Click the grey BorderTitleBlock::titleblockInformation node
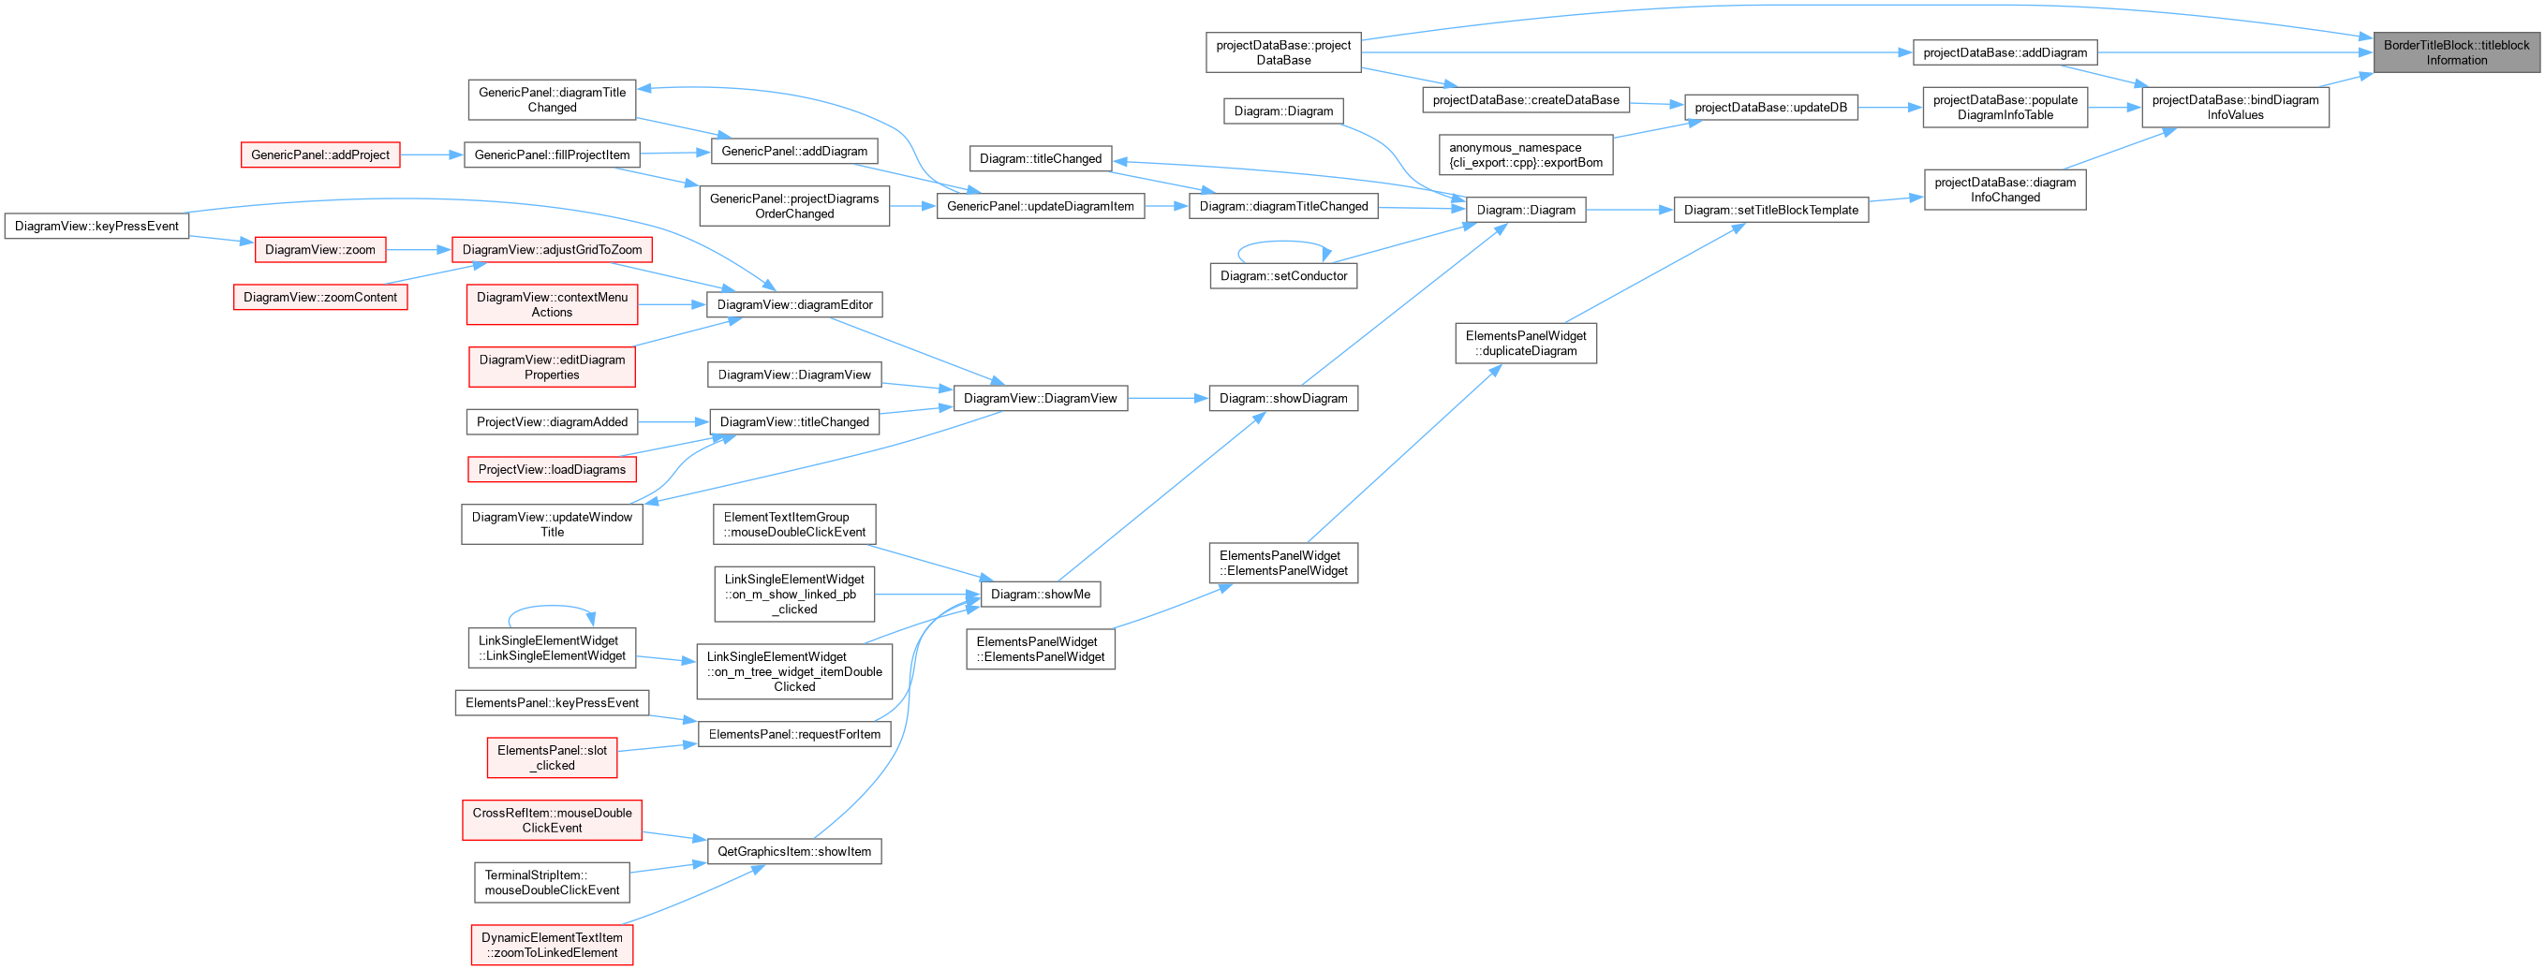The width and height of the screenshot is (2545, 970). point(2456,52)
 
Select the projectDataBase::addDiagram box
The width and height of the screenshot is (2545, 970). point(2005,52)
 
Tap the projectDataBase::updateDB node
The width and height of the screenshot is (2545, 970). point(1770,108)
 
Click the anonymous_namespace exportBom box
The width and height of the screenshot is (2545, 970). point(1526,155)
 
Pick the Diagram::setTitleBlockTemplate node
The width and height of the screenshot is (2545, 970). point(1770,210)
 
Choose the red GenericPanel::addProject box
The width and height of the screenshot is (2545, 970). point(320,155)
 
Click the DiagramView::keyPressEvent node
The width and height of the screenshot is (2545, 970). point(96,227)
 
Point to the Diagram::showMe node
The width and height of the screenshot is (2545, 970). point(1041,595)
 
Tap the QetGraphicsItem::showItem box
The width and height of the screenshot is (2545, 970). point(794,851)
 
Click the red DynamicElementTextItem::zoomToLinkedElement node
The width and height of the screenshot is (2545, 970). point(553,946)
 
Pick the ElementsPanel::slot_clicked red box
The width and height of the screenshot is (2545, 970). point(553,757)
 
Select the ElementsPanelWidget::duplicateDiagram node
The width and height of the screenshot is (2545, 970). point(1526,343)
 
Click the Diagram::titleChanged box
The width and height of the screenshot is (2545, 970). point(1041,158)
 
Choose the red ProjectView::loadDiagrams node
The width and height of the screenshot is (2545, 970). point(553,469)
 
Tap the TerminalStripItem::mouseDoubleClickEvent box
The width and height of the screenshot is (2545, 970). point(553,882)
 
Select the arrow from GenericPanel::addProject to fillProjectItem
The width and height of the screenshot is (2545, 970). point(432,155)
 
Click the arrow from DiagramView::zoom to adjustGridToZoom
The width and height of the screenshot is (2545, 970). point(419,250)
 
